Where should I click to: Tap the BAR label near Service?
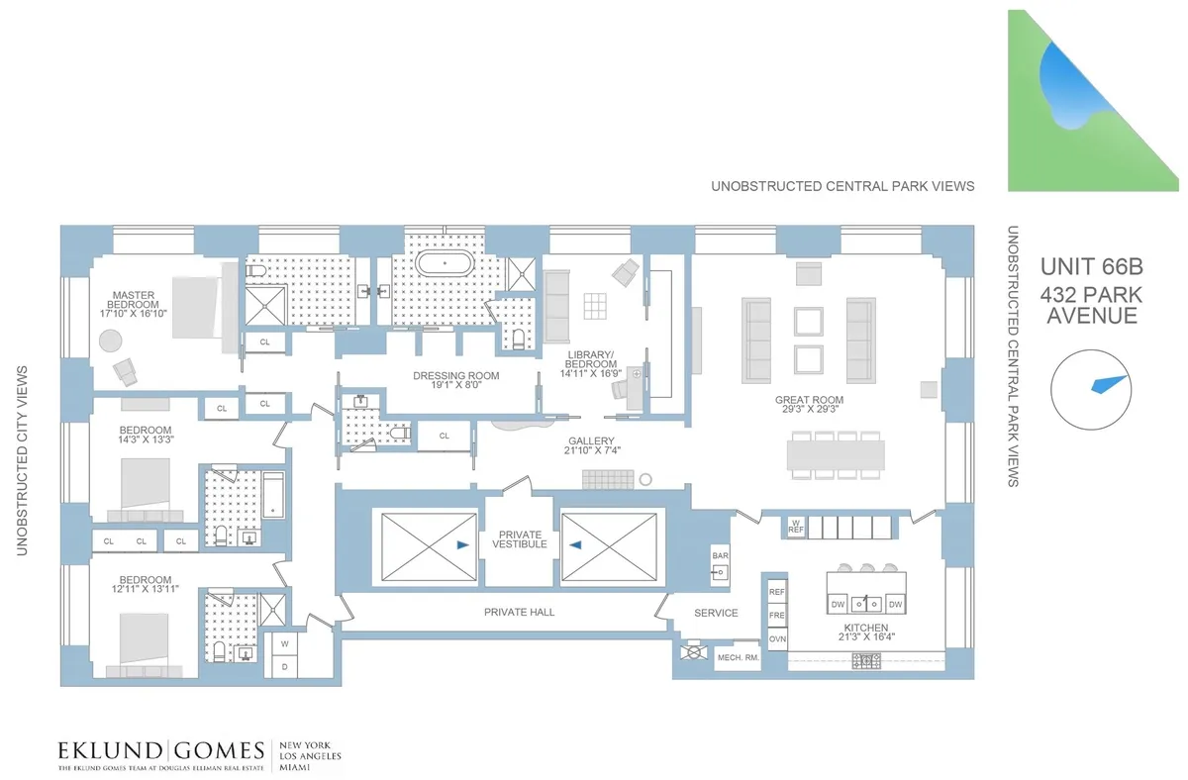tap(720, 557)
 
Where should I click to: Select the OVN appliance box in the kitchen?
tap(777, 639)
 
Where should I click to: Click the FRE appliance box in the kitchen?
tap(777, 615)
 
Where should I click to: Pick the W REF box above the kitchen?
tap(795, 527)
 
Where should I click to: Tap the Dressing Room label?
tap(455, 376)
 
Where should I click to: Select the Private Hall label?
tap(519, 612)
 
